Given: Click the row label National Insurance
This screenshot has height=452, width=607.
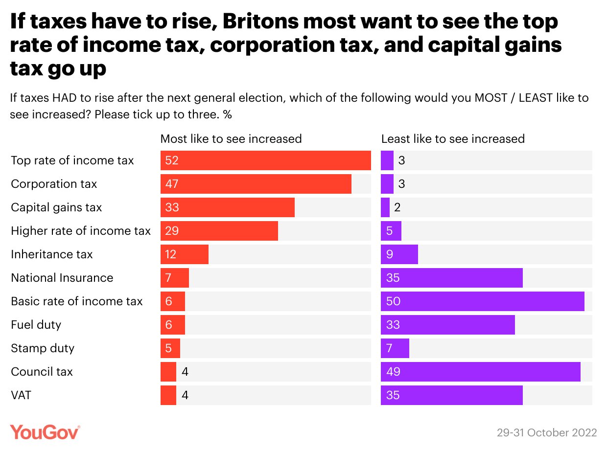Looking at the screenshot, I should [x=62, y=278].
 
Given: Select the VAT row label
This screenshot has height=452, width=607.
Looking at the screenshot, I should [x=21, y=395].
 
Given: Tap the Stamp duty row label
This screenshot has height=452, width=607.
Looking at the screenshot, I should [x=43, y=348].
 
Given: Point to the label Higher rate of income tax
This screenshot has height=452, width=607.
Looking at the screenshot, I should [x=81, y=231].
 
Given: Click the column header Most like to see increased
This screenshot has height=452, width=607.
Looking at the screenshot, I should [x=231, y=139].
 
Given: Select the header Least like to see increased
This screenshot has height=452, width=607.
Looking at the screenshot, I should [x=453, y=139].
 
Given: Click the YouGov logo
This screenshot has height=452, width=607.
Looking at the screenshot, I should [x=45, y=432].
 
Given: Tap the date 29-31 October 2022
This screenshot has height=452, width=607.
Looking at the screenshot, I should [x=547, y=433].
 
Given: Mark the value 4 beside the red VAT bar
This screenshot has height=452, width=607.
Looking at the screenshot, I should [x=185, y=395].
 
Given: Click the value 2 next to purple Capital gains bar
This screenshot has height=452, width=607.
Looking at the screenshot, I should [x=397, y=207].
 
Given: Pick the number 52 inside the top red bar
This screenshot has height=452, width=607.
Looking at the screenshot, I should [x=172, y=160].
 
